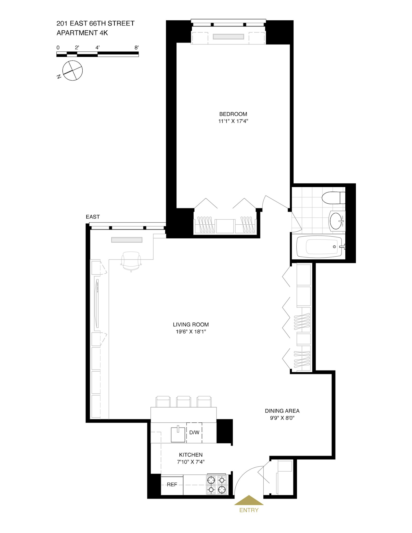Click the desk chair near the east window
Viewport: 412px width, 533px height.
pos(131,261)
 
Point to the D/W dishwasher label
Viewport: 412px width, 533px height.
pos(194,432)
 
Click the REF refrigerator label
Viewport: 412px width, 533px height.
pos(172,485)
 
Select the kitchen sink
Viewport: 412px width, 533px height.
pos(178,434)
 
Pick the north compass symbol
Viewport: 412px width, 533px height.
pos(72,71)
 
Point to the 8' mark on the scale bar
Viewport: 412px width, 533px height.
pos(136,48)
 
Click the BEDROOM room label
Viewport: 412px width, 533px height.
pos(233,114)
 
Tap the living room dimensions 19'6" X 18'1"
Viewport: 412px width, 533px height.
pos(191,332)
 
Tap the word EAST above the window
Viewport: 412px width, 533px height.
pos(93,217)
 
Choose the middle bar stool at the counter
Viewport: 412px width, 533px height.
pos(184,401)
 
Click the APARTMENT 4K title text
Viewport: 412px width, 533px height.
pos(82,33)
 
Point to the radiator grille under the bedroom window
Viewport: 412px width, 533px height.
pos(228,37)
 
